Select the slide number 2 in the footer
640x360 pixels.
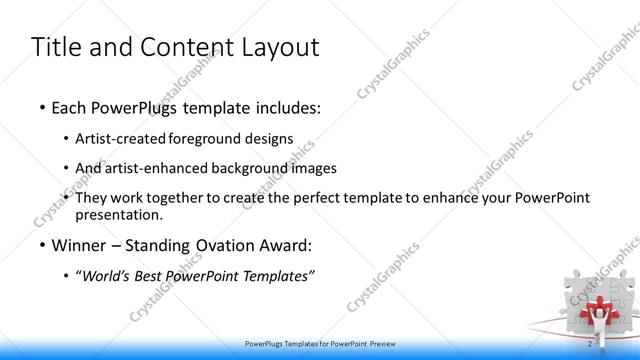click(x=590, y=343)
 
